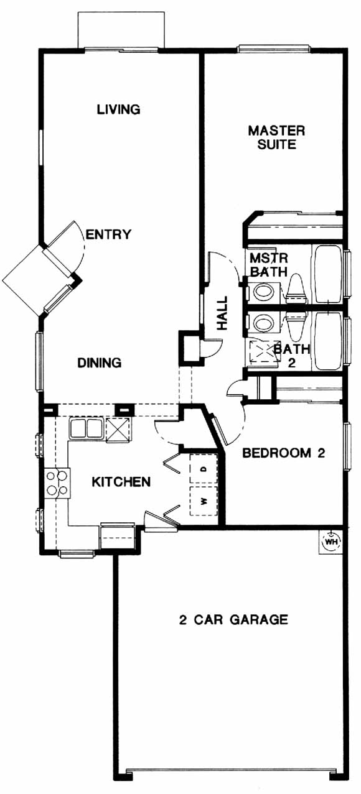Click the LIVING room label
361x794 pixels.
coord(119,109)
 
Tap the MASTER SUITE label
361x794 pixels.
coord(276,137)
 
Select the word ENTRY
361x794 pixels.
coord(109,234)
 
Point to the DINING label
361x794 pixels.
coord(100,362)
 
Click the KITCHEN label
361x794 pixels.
coord(121,482)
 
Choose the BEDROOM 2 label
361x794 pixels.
coord(284,453)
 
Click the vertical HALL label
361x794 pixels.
coord(222,313)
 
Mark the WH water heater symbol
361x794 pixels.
coord(331,542)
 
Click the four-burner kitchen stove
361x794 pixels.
coord(57,482)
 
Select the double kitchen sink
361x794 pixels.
coord(87,428)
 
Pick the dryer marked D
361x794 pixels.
coord(204,468)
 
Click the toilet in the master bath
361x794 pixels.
coord(296,290)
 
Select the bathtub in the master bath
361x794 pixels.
coord(327,274)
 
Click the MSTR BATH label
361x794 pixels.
coord(268,264)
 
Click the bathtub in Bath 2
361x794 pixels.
coord(327,341)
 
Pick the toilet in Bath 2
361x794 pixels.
coord(296,325)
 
